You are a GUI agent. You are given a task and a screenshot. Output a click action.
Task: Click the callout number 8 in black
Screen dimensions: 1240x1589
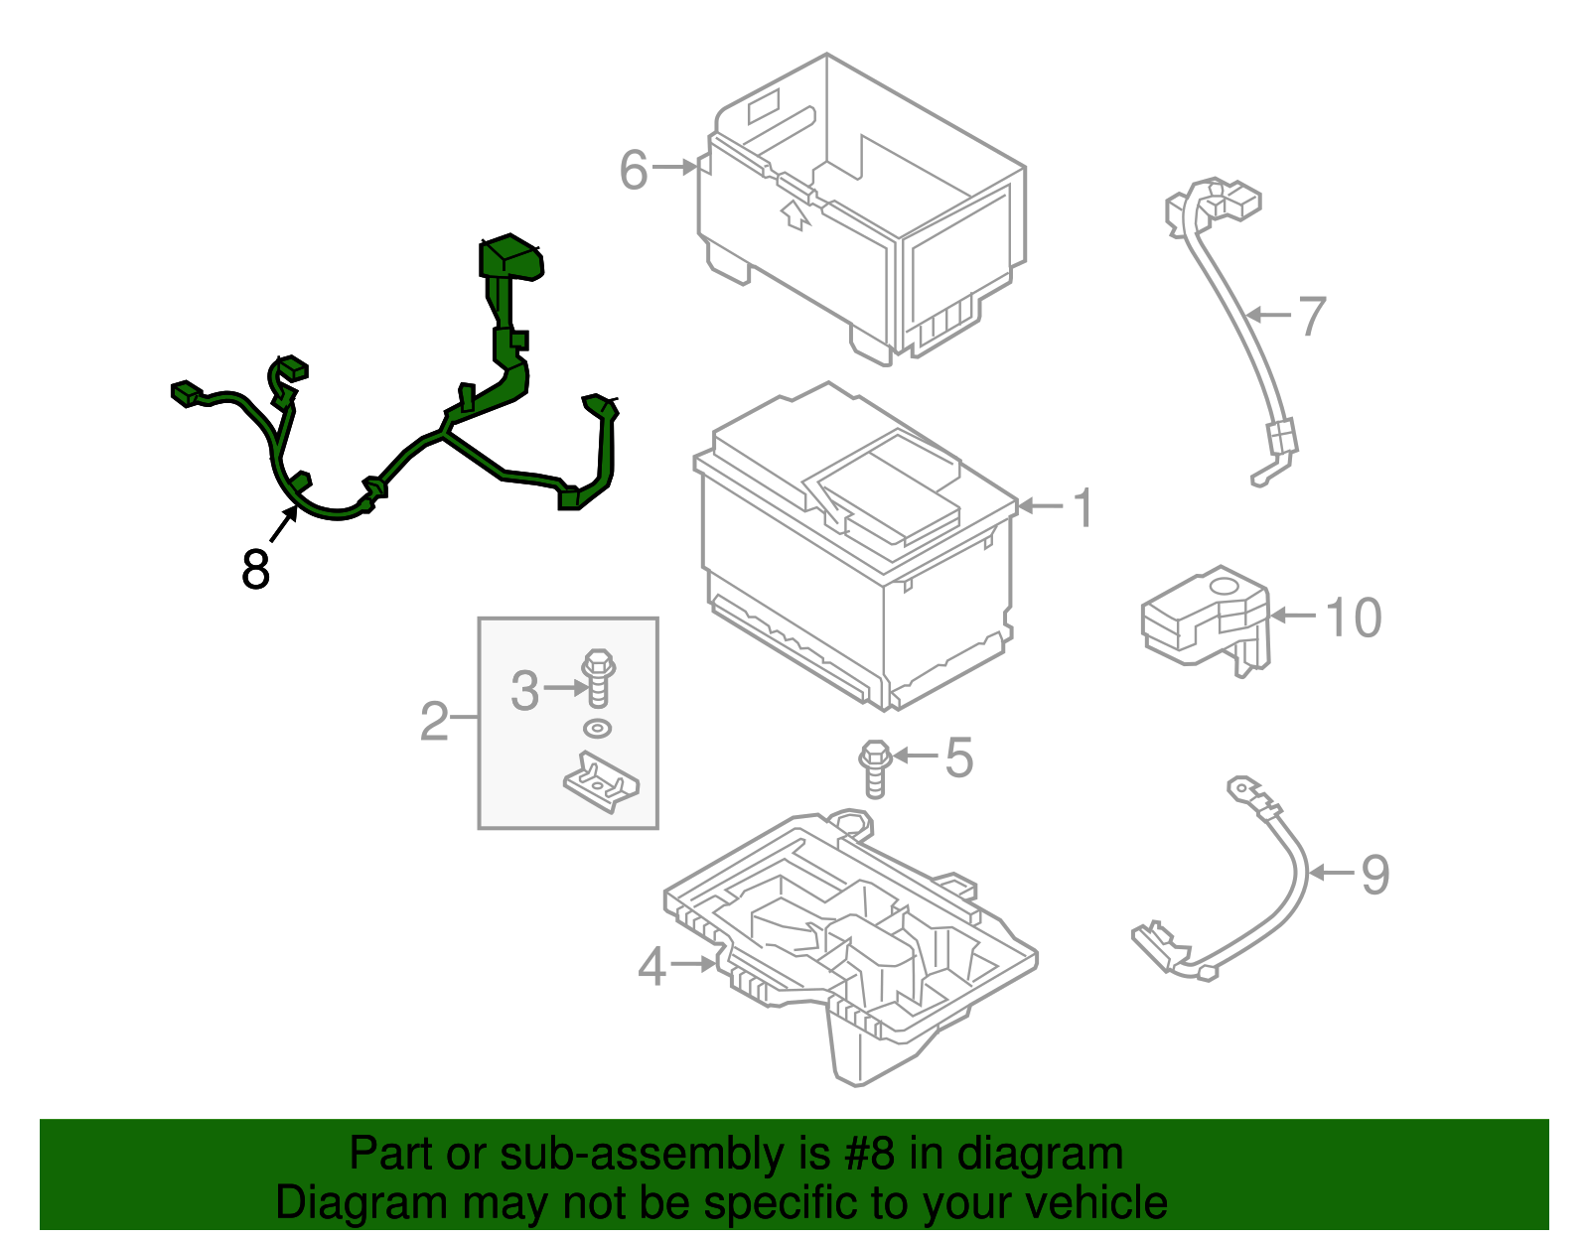pyautogui.click(x=255, y=570)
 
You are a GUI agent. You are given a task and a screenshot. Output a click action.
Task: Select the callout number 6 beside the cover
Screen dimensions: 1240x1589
pyautogui.click(x=634, y=170)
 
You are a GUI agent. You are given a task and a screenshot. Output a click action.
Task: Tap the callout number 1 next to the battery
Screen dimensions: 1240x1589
pyautogui.click(x=1083, y=507)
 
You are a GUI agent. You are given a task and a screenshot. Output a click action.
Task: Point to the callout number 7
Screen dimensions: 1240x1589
pyautogui.click(x=1312, y=316)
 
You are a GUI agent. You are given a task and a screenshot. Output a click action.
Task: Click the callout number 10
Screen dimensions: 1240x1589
pyautogui.click(x=1353, y=618)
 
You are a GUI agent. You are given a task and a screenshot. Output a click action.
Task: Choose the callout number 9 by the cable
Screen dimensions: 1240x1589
pyautogui.click(x=1374, y=875)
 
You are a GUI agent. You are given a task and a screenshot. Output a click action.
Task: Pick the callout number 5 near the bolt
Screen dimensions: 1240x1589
pyautogui.click(x=958, y=758)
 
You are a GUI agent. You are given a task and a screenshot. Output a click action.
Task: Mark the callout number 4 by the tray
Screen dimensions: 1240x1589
pyautogui.click(x=650, y=966)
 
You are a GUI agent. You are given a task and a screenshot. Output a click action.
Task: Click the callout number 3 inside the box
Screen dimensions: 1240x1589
pyautogui.click(x=524, y=690)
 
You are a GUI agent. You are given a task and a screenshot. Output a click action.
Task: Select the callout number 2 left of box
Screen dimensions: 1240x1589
pyautogui.click(x=434, y=721)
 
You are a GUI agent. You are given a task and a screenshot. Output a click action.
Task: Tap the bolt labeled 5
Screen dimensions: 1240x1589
pyautogui.click(x=874, y=768)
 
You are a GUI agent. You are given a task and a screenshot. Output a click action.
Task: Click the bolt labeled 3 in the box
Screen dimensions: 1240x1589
pyautogui.click(x=598, y=677)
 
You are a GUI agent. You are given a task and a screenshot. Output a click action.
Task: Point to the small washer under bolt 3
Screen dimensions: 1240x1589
pyautogui.click(x=597, y=729)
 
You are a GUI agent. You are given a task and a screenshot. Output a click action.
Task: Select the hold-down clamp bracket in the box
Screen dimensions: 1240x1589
pyautogui.click(x=602, y=782)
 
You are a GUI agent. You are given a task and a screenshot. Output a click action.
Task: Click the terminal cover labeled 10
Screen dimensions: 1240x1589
pyautogui.click(x=1203, y=617)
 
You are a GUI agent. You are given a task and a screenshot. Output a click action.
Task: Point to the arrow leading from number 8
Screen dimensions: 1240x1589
pyautogui.click(x=283, y=524)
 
